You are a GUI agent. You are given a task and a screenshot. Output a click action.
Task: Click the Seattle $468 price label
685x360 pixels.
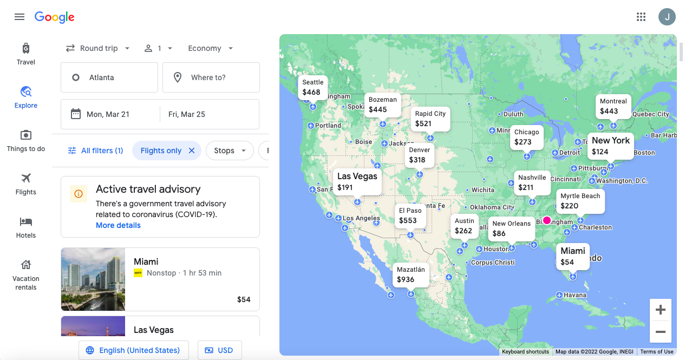(x=312, y=87)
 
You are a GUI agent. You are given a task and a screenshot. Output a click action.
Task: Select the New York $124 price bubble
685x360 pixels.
(x=610, y=146)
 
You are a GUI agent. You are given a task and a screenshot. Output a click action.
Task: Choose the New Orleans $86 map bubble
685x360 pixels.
(x=511, y=228)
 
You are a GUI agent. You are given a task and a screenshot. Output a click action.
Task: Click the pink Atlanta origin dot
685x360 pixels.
(x=547, y=220)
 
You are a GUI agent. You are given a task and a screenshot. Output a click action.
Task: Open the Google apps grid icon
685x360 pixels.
(x=641, y=17)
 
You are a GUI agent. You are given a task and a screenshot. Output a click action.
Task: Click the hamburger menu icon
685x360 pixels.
(x=19, y=17)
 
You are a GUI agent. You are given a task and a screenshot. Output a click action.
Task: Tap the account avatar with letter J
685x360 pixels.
(x=667, y=17)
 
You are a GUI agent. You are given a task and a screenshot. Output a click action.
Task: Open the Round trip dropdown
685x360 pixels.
(x=98, y=48)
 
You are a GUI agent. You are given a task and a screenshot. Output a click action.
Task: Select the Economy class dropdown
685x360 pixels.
(x=211, y=48)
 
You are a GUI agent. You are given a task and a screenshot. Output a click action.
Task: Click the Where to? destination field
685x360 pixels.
(x=211, y=77)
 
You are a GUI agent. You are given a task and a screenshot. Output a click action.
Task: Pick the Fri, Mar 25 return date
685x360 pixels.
(x=209, y=114)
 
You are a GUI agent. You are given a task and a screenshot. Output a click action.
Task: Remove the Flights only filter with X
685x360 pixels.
(x=192, y=150)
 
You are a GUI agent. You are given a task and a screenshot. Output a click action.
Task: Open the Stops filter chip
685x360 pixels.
(x=230, y=150)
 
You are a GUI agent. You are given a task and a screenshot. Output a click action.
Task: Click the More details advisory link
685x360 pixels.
(x=118, y=225)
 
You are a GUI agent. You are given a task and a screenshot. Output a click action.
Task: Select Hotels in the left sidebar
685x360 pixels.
(x=26, y=227)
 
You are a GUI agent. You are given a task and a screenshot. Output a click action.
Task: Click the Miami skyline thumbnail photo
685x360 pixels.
(x=93, y=279)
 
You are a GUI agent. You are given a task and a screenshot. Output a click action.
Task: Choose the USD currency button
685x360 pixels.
(x=219, y=350)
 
